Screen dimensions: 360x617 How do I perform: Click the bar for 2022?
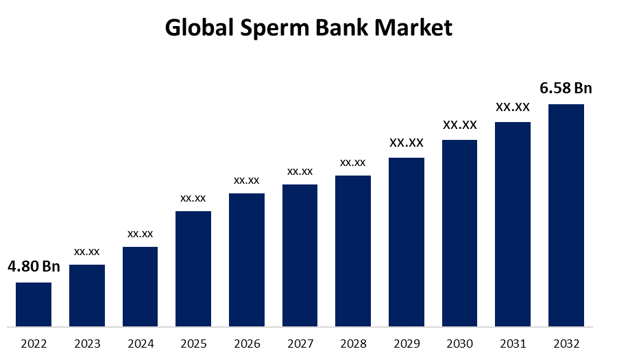[34, 304]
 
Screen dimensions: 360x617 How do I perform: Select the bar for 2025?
[193, 268]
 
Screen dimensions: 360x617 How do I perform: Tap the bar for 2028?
[353, 250]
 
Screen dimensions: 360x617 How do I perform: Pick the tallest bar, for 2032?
[566, 215]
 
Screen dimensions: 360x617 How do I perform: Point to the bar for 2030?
[459, 232]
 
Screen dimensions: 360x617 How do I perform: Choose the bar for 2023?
[87, 295]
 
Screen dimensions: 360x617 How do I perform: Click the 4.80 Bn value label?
[34, 267]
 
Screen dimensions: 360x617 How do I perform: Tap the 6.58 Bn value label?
[566, 88]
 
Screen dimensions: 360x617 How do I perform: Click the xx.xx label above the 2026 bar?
[246, 180]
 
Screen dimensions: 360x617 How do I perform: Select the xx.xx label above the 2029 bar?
[407, 143]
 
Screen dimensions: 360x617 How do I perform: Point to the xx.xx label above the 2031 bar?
[513, 107]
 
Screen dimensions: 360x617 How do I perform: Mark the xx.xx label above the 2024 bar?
[140, 234]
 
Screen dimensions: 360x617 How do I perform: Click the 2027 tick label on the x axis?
[300, 343]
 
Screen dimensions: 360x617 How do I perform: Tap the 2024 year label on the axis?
[140, 343]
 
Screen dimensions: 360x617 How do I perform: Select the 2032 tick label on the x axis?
[566, 343]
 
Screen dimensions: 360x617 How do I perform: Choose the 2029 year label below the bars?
[407, 343]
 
